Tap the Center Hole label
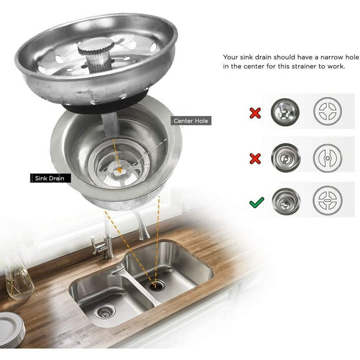[x=191, y=121]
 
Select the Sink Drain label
[x=51, y=178]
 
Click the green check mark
[x=256, y=202]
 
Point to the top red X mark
[x=255, y=113]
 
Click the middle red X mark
[x=255, y=159]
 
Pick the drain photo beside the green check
[x=286, y=201]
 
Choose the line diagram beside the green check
[x=328, y=200]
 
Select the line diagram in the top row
[x=328, y=111]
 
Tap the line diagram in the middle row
[x=328, y=158]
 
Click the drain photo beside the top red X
[x=285, y=112]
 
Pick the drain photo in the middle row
[x=286, y=158]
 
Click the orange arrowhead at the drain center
[x=119, y=170]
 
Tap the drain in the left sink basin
[x=105, y=311]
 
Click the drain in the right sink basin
[x=156, y=285]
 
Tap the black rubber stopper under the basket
[x=105, y=104]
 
